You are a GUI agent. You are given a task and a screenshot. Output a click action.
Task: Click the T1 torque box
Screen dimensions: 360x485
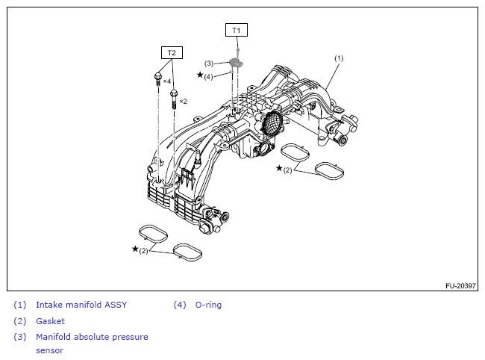(x=237, y=30)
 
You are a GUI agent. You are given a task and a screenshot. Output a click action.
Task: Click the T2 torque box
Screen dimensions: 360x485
(x=172, y=53)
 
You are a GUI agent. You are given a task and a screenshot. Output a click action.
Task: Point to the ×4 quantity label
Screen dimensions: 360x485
(x=167, y=81)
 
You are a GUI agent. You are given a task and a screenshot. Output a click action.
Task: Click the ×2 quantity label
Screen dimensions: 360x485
(x=183, y=101)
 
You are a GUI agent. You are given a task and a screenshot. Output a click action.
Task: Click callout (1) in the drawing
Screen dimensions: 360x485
(x=338, y=58)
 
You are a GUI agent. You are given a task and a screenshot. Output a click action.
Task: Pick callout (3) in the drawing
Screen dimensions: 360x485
(x=209, y=63)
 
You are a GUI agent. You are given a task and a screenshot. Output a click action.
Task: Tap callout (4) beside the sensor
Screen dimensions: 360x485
(x=209, y=76)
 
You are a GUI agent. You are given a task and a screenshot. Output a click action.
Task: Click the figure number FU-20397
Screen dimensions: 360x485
(x=460, y=285)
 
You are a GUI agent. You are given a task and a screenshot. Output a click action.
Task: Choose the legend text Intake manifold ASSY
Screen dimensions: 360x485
(x=81, y=305)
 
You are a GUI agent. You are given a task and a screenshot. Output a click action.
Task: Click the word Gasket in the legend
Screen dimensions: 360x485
(x=50, y=321)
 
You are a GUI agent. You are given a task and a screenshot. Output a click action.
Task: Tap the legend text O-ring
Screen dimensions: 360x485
(x=208, y=305)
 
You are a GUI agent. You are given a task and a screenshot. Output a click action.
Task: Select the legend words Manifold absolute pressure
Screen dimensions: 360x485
(x=92, y=337)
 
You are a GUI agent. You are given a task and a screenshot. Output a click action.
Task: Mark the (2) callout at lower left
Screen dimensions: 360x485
(x=143, y=250)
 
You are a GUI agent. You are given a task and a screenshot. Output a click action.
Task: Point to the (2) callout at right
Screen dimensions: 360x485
(x=287, y=170)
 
